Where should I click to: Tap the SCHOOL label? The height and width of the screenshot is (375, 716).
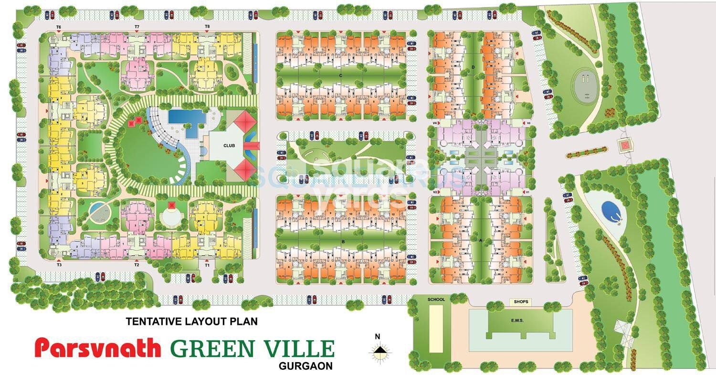(x=436, y=300)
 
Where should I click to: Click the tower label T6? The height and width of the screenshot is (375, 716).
(x=58, y=27)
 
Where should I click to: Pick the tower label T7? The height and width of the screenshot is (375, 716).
(x=137, y=26)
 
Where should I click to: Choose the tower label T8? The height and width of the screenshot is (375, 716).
(x=207, y=26)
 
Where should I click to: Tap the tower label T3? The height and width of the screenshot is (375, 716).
(x=59, y=264)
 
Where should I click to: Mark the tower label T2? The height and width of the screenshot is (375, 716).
(x=137, y=264)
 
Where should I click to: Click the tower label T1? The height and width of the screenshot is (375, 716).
(x=207, y=264)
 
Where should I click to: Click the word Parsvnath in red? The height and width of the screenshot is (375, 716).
(x=98, y=348)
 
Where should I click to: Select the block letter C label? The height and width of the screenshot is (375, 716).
(x=340, y=75)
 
